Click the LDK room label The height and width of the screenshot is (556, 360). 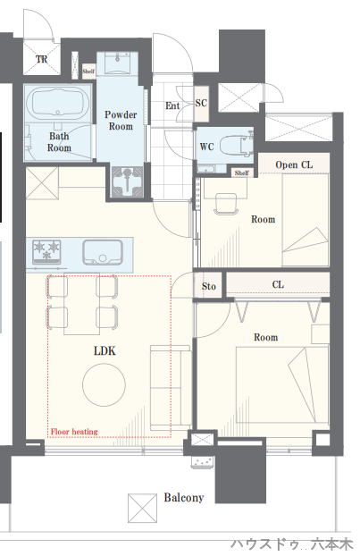tap(105, 350)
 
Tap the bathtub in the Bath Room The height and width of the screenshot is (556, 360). tap(58, 103)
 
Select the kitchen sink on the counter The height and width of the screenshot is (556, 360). tap(103, 253)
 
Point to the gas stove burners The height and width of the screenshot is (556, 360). tap(46, 251)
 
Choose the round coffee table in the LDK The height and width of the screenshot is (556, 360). tap(104, 384)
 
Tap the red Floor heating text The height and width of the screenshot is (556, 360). tap(74, 432)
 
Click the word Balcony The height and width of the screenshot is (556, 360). tap(183, 498)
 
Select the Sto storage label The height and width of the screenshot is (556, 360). tap(209, 286)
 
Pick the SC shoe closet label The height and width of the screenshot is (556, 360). tap(201, 103)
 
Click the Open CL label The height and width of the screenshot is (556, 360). tap(294, 164)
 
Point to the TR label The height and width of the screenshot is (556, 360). tap(41, 59)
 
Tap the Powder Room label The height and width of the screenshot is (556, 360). tap(121, 121)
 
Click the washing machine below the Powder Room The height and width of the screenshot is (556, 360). tap(127, 181)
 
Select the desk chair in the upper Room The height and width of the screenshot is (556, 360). tap(225, 204)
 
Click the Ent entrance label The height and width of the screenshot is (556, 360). tap(172, 105)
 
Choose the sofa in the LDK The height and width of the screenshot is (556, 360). tap(171, 388)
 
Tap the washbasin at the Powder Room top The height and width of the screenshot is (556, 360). tap(117, 63)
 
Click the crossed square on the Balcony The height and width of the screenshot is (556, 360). tap(142, 508)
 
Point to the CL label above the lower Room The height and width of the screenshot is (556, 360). tap(278, 284)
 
